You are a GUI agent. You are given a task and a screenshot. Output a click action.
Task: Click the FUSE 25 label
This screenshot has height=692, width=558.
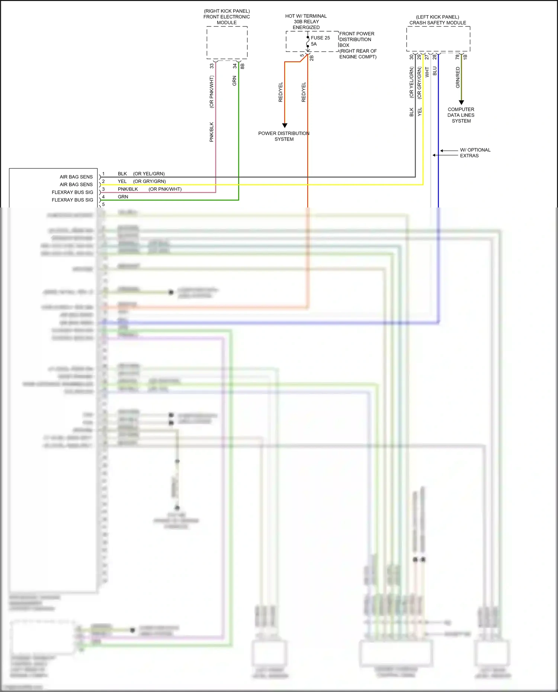[320, 38]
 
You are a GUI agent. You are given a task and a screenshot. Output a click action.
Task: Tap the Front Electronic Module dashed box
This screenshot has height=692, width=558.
[227, 42]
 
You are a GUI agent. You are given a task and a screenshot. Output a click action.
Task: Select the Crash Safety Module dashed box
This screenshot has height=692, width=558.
[438, 39]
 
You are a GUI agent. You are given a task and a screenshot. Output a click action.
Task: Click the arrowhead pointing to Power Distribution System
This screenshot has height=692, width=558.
[285, 125]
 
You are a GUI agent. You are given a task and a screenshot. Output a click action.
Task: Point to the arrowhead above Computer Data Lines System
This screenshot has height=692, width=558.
[461, 102]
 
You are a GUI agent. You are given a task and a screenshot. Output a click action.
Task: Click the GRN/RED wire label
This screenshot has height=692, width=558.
[458, 77]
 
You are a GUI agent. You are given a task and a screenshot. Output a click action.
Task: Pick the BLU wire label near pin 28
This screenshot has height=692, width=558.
[434, 71]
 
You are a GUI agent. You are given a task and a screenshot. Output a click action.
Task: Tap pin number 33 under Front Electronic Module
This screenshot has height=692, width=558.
[212, 66]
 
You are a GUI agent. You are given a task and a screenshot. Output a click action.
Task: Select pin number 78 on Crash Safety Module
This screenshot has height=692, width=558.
[457, 57]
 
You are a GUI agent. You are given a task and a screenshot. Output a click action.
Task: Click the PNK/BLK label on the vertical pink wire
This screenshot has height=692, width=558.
[211, 132]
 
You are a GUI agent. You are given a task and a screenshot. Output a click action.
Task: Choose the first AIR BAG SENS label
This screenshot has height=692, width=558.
[76, 177]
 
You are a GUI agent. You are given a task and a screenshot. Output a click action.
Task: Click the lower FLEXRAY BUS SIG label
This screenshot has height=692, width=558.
[72, 200]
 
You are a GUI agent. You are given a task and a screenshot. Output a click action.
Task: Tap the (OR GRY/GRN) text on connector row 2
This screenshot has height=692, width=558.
[150, 181]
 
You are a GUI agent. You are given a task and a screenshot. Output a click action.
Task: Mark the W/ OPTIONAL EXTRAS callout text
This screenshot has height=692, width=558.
[475, 153]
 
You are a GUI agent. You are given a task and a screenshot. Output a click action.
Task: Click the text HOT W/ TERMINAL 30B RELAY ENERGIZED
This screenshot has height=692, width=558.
[306, 22]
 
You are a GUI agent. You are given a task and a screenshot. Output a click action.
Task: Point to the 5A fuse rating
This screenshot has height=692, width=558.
[314, 44]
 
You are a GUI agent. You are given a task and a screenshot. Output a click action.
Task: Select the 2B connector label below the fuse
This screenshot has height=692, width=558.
[312, 58]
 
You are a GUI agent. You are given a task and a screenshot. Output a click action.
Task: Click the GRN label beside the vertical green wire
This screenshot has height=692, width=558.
[234, 81]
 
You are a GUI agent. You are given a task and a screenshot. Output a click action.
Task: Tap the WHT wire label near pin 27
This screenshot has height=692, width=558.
[427, 72]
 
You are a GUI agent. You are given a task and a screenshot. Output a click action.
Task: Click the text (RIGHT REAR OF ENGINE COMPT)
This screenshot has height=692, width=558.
[357, 54]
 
